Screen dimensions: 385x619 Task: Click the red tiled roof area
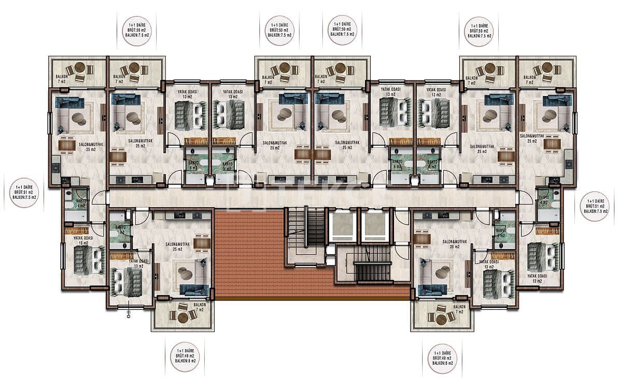coord(249,254)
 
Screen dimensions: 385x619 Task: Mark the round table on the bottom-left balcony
coord(182,315)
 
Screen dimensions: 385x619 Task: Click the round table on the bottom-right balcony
coord(441,315)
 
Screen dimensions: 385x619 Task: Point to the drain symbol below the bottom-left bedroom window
coord(128,314)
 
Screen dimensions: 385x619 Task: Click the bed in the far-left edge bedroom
coord(85,259)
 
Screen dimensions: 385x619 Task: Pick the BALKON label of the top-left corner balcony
coord(62,77)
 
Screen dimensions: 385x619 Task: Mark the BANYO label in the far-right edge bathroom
coord(544,199)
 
